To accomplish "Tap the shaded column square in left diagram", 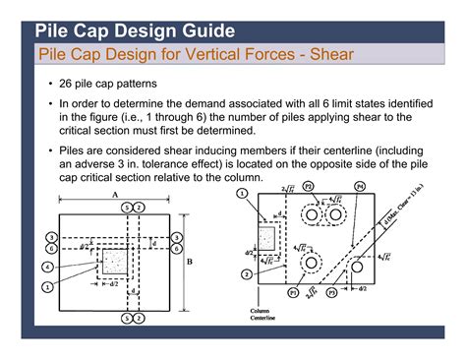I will click(115, 261).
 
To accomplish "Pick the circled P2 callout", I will click(307, 185).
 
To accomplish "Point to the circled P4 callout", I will click(358, 185).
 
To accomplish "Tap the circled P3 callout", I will click(330, 293).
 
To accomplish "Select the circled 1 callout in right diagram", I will click(241, 193).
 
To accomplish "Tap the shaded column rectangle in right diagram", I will click(265, 238).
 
